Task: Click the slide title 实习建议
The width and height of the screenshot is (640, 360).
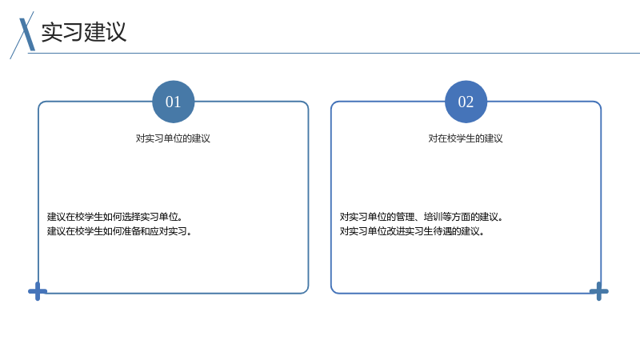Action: click(x=84, y=32)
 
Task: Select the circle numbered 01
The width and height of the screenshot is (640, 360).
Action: click(x=173, y=102)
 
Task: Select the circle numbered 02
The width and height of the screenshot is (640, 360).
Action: click(x=466, y=102)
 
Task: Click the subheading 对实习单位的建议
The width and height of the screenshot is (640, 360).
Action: click(x=173, y=138)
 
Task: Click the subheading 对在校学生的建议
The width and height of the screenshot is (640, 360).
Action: click(x=466, y=138)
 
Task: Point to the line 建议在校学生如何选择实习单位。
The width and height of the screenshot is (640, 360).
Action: click(x=114, y=217)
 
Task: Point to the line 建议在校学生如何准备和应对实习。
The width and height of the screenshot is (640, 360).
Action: click(x=119, y=231)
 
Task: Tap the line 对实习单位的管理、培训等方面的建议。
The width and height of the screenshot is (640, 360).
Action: click(x=422, y=217)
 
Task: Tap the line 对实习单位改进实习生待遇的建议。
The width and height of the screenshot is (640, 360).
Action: click(x=412, y=231)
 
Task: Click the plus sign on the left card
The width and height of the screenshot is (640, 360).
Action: click(x=38, y=291)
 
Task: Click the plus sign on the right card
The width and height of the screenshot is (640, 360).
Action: click(x=598, y=291)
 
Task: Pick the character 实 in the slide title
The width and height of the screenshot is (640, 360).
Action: click(x=52, y=32)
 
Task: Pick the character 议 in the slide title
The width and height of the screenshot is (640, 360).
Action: click(x=116, y=32)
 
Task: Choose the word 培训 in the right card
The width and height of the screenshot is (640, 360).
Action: click(x=433, y=217)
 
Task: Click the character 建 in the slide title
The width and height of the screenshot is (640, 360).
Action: click(x=94, y=32)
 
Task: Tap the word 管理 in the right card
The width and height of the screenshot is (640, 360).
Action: click(x=405, y=217)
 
